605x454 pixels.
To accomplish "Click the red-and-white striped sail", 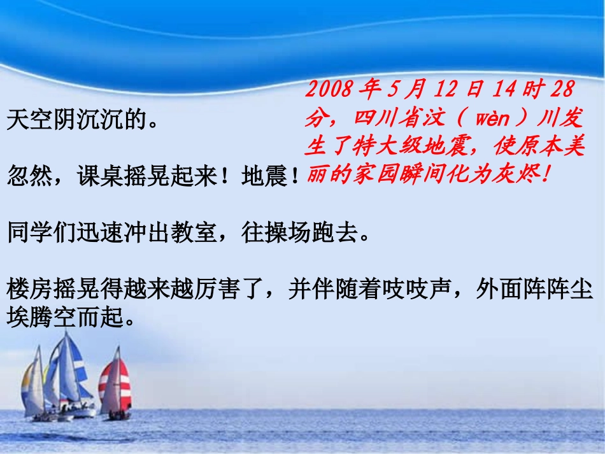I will (116, 385).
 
